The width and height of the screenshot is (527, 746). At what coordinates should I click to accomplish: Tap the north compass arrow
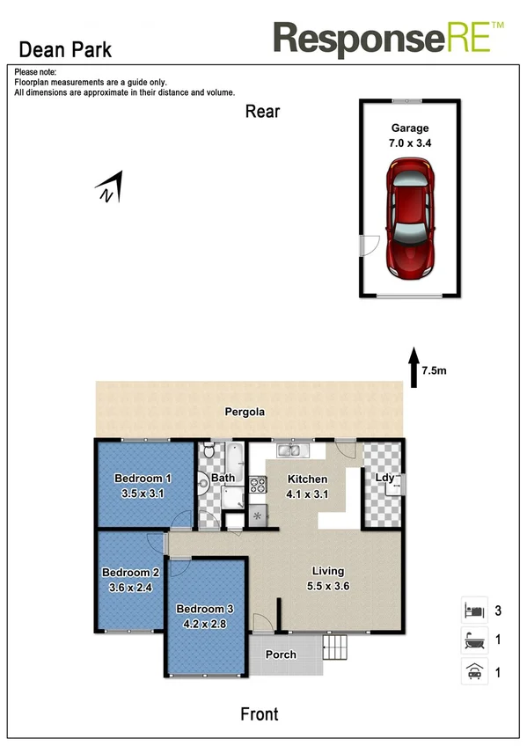click(109, 188)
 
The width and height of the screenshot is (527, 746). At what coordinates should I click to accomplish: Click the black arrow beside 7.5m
click(414, 367)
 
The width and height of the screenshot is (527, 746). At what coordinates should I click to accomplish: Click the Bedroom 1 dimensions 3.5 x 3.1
click(143, 494)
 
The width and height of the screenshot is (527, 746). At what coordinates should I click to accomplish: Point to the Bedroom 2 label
click(130, 570)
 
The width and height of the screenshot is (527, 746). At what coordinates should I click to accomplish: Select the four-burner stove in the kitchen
click(258, 485)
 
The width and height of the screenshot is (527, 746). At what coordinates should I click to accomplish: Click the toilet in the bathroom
click(208, 453)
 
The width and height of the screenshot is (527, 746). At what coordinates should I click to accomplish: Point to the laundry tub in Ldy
click(394, 481)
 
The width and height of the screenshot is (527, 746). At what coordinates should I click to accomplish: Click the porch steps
click(336, 652)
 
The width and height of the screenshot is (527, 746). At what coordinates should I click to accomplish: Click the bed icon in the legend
click(472, 609)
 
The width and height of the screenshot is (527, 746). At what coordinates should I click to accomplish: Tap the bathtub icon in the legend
click(472, 640)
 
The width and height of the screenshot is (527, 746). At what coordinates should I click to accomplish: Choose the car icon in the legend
click(472, 672)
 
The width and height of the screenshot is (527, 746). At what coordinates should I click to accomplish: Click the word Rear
click(262, 111)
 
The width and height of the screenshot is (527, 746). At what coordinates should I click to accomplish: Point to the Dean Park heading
click(65, 50)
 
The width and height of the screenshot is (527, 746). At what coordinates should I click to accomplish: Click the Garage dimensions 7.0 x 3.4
click(409, 142)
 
